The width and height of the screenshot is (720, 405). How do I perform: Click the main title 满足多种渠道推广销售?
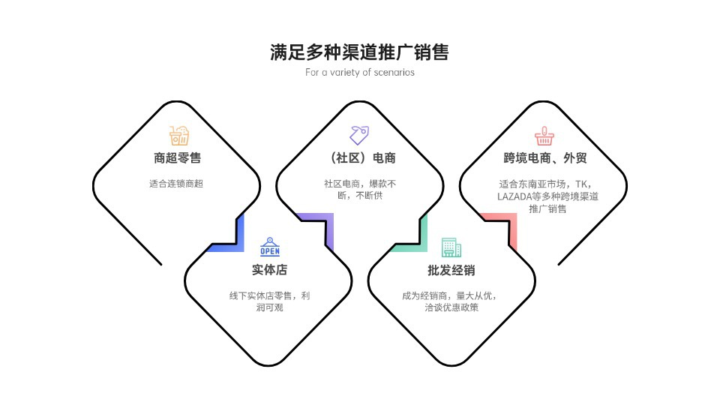point(360,52)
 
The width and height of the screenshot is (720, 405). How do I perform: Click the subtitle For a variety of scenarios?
point(360,73)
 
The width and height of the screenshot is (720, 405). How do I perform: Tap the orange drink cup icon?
point(178,136)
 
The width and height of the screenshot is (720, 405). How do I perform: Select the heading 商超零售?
point(177,158)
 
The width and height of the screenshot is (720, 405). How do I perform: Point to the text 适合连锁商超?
point(176,183)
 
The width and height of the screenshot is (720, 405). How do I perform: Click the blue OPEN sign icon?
point(269,247)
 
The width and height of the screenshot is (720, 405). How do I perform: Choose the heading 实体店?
point(269,270)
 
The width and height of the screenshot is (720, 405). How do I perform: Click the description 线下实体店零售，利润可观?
point(269,301)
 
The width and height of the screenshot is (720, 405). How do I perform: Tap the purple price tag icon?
point(359,135)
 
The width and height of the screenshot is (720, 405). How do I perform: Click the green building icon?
point(451,247)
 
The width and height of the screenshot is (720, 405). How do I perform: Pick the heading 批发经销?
point(451,270)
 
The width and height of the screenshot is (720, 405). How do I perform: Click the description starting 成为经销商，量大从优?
point(451,301)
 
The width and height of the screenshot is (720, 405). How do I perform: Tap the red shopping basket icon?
point(543,136)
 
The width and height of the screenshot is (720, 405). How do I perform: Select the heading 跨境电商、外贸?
point(543,158)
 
